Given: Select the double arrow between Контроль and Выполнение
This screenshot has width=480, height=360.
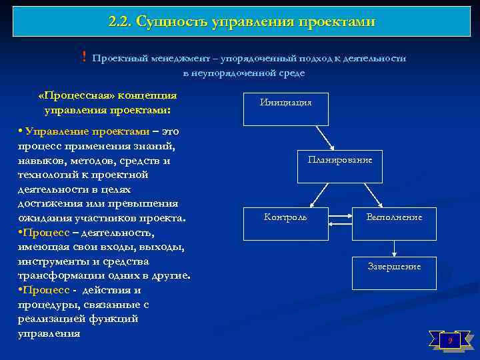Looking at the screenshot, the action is (x=340, y=216).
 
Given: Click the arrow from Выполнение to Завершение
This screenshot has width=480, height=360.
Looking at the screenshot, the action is (x=395, y=249).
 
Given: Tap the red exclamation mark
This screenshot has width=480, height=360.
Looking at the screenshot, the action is (x=84, y=58).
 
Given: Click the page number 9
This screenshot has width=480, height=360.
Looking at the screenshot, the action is (x=450, y=341).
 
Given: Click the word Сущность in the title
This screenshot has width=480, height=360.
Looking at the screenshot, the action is (x=172, y=22).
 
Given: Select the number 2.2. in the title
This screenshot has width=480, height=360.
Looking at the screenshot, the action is (x=119, y=22).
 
